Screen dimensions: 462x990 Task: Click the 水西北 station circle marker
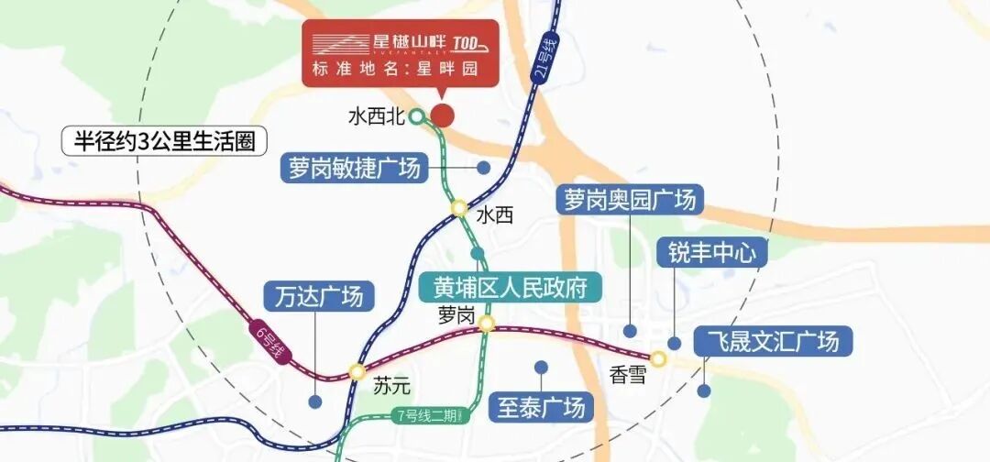tap(416, 116)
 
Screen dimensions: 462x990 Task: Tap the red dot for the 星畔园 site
tap(443, 115)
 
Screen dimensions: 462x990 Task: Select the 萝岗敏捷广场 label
tap(353, 169)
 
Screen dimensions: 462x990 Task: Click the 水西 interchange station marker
tap(458, 209)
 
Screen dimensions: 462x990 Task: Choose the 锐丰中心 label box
tap(711, 251)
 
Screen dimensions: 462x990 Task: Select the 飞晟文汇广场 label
tap(773, 342)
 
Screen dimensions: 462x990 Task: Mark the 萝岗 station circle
tap(487, 323)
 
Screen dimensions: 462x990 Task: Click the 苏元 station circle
tap(356, 371)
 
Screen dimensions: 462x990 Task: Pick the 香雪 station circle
tap(658, 358)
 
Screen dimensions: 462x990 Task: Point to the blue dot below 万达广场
tap(315, 401)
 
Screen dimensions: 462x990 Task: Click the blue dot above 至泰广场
tap(541, 367)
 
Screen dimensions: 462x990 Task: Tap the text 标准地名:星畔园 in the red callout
tap(397, 69)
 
